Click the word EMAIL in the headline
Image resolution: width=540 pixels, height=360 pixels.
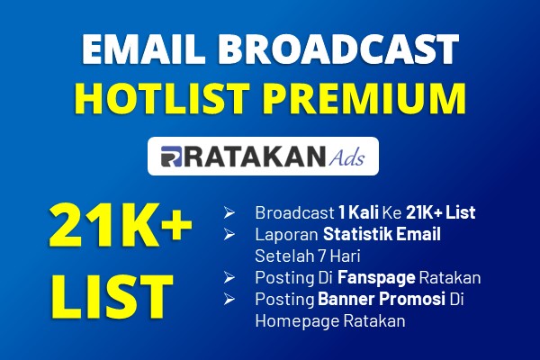[142, 49]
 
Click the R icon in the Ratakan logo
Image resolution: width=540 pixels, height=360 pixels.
[171, 157]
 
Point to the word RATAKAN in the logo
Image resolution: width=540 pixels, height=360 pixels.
[255, 157]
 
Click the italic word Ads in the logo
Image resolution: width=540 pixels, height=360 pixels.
[346, 157]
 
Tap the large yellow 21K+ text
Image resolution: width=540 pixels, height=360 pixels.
[121, 225]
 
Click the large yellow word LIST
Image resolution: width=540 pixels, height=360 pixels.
[112, 296]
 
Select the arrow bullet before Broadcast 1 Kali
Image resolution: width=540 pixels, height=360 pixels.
[229, 212]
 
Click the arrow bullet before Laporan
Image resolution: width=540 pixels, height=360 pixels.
[229, 234]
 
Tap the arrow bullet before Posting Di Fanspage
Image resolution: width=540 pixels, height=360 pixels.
[229, 277]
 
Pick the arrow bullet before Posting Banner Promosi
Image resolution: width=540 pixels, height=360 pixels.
[229, 299]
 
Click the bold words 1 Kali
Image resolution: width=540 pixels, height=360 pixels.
[358, 212]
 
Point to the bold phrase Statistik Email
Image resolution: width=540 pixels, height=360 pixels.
[382, 234]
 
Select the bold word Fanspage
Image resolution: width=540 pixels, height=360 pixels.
[376, 278]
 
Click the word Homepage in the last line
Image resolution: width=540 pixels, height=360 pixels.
[297, 321]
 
